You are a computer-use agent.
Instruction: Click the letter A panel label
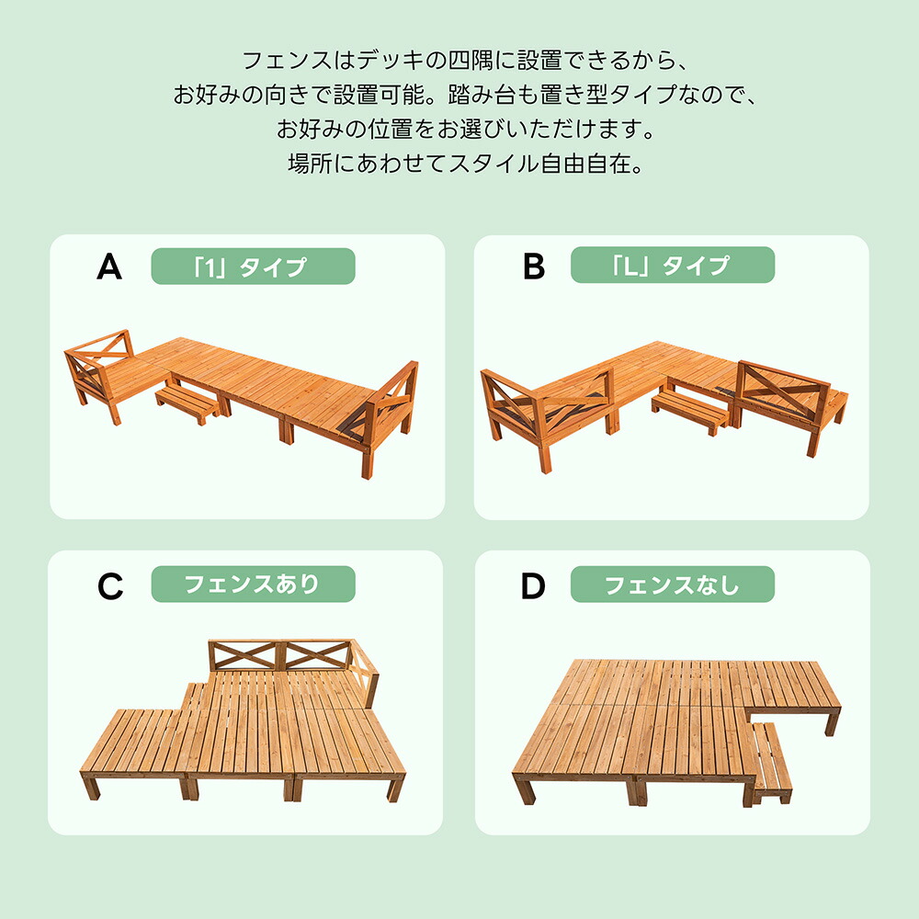click(109, 267)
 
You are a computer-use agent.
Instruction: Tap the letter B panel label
click(534, 267)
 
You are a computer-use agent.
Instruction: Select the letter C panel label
click(110, 586)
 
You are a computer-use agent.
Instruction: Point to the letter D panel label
click(533, 585)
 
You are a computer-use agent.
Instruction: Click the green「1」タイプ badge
click(254, 267)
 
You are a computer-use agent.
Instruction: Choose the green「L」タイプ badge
click(673, 265)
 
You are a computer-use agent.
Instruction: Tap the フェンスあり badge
click(254, 584)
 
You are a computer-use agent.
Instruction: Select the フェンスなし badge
click(673, 584)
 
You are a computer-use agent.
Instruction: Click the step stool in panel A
click(187, 403)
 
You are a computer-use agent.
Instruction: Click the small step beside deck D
click(771, 762)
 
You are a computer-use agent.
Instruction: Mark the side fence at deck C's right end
click(365, 674)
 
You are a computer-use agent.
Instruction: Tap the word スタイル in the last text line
click(494, 164)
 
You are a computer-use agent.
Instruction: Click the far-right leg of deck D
click(833, 722)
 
